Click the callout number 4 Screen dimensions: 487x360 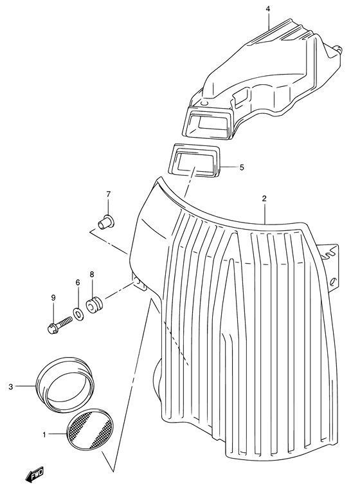pos(267,8)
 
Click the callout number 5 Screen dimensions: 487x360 pos(242,167)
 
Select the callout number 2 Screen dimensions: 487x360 pos(264,199)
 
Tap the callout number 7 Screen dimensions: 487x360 pos(109,194)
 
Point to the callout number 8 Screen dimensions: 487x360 pos(92,274)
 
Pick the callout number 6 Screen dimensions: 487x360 pos(78,282)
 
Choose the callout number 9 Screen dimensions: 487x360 pos(54,297)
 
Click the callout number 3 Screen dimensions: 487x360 pos(11,386)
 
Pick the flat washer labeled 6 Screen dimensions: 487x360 pos(78,313)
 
